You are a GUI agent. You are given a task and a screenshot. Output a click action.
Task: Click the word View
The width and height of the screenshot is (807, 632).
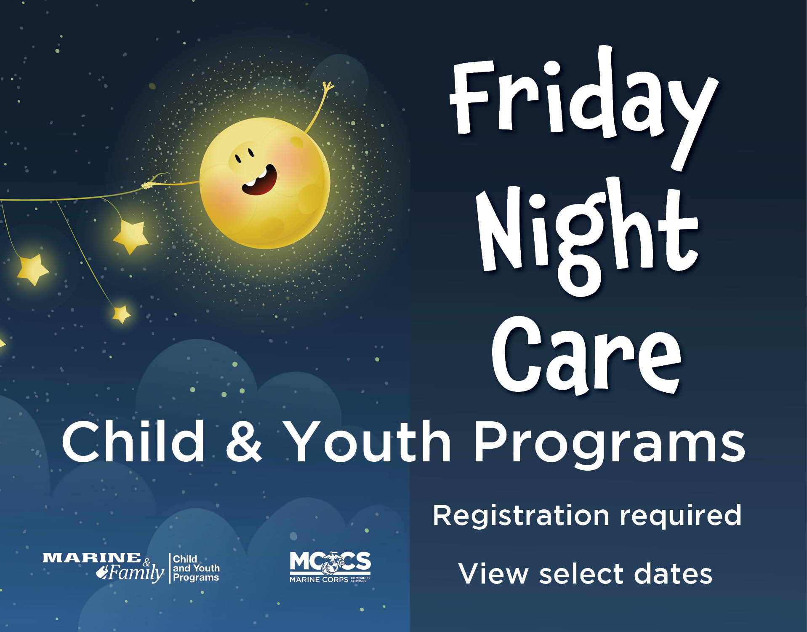click(493, 574)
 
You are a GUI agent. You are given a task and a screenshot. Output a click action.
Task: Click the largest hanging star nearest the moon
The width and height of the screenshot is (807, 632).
click(131, 236)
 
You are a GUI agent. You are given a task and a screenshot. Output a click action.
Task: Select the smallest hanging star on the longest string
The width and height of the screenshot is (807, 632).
click(121, 314)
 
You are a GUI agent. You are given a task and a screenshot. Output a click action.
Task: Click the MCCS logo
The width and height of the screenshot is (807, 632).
click(330, 567)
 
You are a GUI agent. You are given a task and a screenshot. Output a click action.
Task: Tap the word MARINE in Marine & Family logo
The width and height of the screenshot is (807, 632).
click(92, 558)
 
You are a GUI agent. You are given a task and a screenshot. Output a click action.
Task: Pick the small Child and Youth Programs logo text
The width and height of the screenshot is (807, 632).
click(196, 568)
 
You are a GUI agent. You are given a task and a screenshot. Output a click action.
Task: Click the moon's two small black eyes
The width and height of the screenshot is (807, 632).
click(244, 155)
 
